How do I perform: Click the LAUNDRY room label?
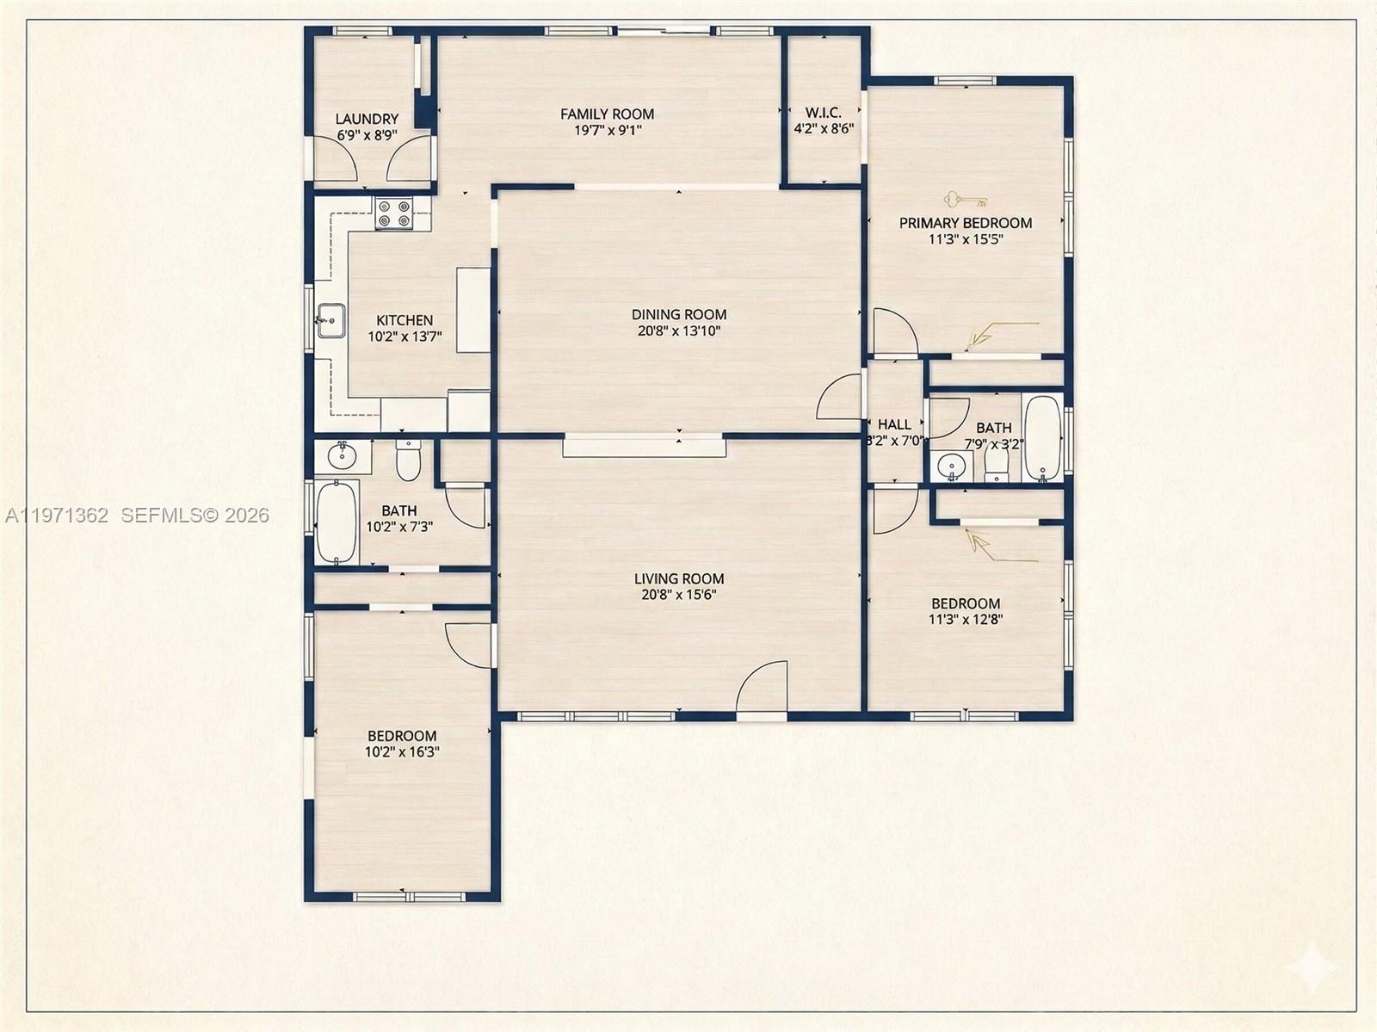(367, 119)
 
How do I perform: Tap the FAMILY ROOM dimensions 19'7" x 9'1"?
(608, 130)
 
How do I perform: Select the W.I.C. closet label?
(823, 113)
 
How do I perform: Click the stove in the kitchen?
(393, 213)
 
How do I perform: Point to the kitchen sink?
(330, 320)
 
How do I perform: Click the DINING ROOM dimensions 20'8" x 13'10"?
(679, 331)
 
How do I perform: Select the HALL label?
(894, 424)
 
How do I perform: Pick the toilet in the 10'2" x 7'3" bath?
(407, 461)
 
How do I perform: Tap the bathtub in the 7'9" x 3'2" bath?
(1043, 438)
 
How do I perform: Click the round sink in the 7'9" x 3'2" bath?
(951, 467)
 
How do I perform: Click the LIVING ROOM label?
(679, 578)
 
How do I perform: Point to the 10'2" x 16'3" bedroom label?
(402, 736)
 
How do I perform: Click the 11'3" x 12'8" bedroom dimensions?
(966, 618)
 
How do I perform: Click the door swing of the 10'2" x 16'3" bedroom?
(470, 642)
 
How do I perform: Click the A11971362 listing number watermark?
(57, 516)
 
